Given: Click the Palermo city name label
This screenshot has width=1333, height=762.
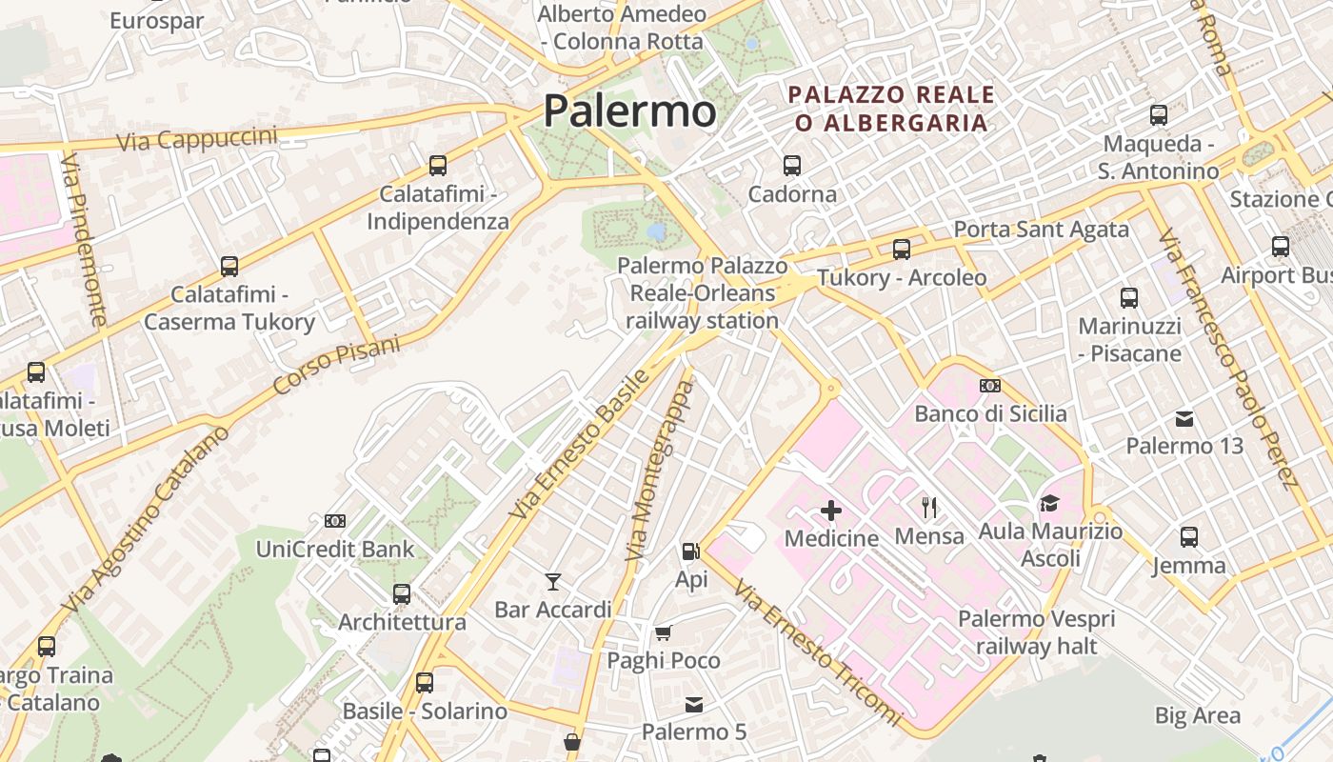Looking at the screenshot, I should pyautogui.click(x=629, y=111).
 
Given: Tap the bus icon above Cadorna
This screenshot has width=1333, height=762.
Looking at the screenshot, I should pyautogui.click(x=791, y=166).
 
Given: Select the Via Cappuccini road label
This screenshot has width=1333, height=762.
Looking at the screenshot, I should pyautogui.click(x=197, y=139).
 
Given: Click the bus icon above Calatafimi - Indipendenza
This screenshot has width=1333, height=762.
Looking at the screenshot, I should pyautogui.click(x=438, y=166).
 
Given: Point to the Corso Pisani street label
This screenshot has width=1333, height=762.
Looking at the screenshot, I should pyautogui.click(x=337, y=365).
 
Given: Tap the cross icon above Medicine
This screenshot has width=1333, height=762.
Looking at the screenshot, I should pyautogui.click(x=831, y=511).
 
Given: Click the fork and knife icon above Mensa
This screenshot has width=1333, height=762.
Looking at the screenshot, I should pyautogui.click(x=929, y=508).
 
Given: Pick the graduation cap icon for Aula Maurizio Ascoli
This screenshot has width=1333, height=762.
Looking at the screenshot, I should pyautogui.click(x=1049, y=503).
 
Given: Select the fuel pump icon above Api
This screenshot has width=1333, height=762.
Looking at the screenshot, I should pyautogui.click(x=691, y=551).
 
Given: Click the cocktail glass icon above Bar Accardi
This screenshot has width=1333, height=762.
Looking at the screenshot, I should pyautogui.click(x=552, y=581).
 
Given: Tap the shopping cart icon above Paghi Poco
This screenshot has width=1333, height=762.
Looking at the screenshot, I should pyautogui.click(x=663, y=632).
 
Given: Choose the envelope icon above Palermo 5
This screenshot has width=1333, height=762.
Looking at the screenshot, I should pyautogui.click(x=694, y=705).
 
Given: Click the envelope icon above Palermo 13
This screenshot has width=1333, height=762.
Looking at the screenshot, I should pyautogui.click(x=1184, y=418).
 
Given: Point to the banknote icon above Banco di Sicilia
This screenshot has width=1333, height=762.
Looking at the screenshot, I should pyautogui.click(x=990, y=386).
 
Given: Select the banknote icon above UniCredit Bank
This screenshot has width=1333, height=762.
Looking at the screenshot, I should pyautogui.click(x=335, y=521).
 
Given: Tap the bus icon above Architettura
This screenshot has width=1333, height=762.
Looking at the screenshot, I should pyautogui.click(x=402, y=594).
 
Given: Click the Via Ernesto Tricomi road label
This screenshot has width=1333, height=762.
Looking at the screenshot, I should pyautogui.click(x=817, y=654).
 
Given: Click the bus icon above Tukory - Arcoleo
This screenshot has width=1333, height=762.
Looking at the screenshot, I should pyautogui.click(x=901, y=250).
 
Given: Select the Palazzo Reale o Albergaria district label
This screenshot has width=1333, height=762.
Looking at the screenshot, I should pyautogui.click(x=891, y=109).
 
